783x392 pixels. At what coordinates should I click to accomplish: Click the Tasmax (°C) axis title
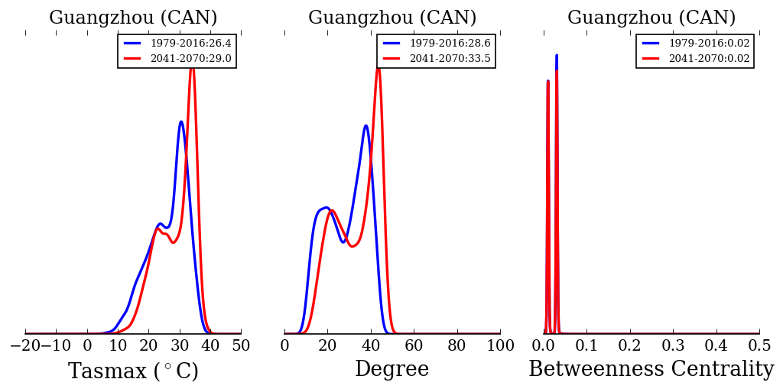[x=133, y=371]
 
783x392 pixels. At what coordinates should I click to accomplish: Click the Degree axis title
[x=391, y=370]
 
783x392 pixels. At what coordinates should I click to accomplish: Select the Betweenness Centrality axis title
[x=651, y=370]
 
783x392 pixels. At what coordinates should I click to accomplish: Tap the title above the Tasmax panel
[x=133, y=18]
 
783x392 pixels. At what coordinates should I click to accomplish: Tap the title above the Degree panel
[x=392, y=18]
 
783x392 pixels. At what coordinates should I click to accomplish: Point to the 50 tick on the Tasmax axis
[x=241, y=345]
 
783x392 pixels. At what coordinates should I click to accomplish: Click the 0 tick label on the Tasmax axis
[x=87, y=345]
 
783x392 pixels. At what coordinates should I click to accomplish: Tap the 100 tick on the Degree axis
[x=500, y=345]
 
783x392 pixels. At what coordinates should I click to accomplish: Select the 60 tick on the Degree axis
[x=414, y=345]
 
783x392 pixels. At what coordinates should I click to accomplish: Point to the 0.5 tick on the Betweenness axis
[x=759, y=345]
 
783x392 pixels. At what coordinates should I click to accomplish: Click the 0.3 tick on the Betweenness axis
[x=673, y=345]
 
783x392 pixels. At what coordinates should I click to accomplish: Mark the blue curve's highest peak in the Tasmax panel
[x=181, y=121]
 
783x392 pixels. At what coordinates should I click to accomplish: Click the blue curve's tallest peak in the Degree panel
[x=366, y=125]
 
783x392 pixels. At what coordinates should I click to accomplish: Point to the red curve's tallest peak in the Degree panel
[x=378, y=69]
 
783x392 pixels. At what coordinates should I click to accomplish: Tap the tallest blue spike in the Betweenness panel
[x=557, y=55]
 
